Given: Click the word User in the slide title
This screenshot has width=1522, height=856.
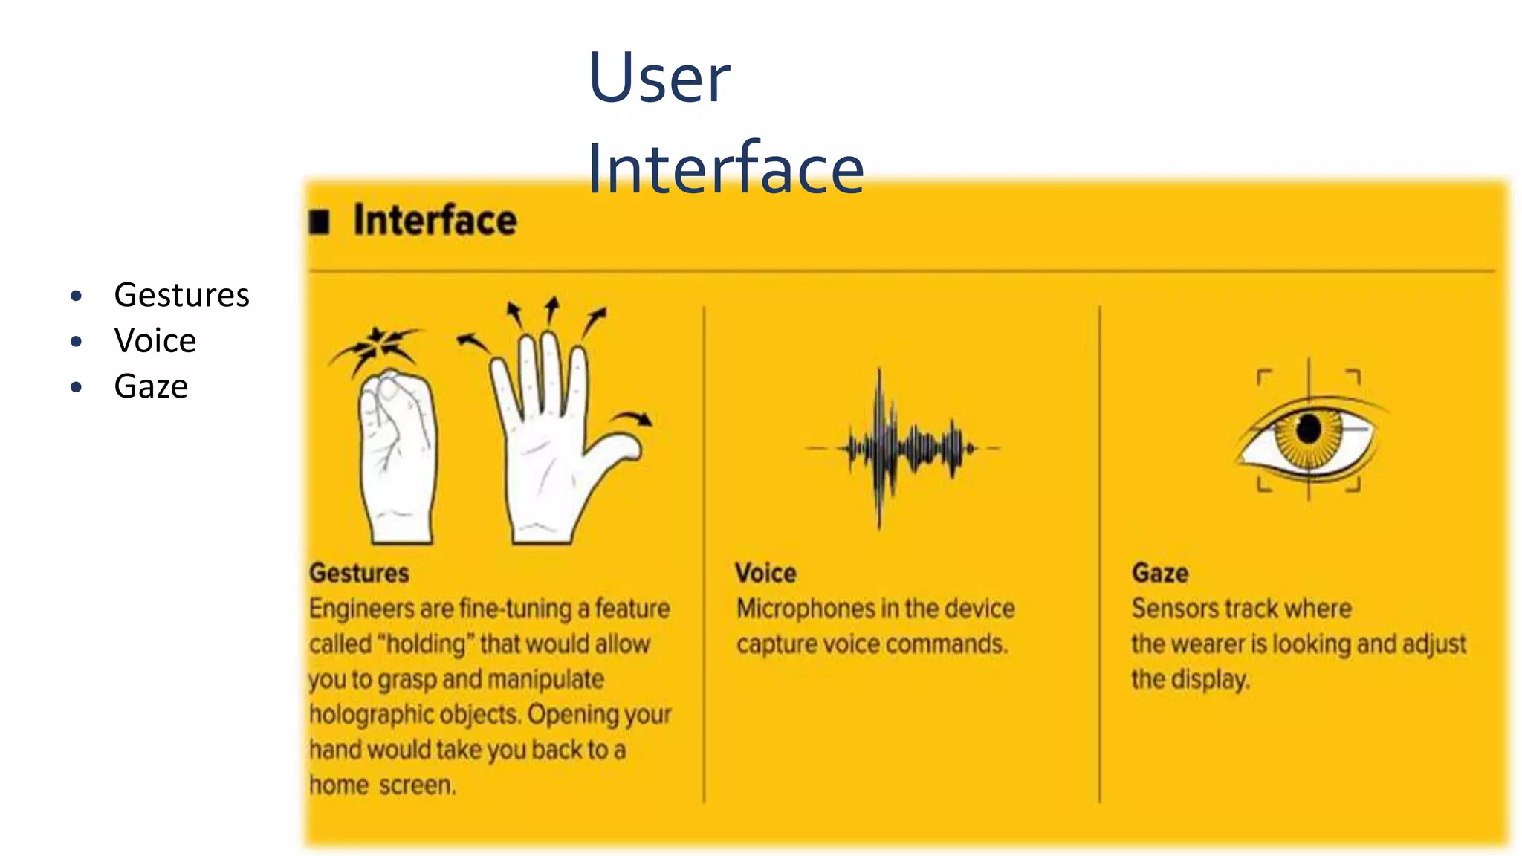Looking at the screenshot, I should coord(659,78).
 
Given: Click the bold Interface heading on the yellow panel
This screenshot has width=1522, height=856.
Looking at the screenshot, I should coord(435,220).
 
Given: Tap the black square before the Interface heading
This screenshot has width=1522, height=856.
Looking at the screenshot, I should coord(320,221).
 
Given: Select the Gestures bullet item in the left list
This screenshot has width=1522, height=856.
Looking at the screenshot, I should coord(181,295).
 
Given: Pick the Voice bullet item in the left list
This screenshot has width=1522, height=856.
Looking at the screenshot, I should coord(155,341).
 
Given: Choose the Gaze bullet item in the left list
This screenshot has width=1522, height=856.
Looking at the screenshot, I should coord(151,386).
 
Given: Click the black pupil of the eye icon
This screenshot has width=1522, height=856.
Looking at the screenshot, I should coord(1309,429).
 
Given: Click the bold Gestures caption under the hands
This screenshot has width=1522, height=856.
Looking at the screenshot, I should coord(359,573).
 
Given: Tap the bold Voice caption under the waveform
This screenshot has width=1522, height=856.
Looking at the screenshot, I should coord(765,573).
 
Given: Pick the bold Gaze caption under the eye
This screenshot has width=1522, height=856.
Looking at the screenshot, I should coord(1159,573).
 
